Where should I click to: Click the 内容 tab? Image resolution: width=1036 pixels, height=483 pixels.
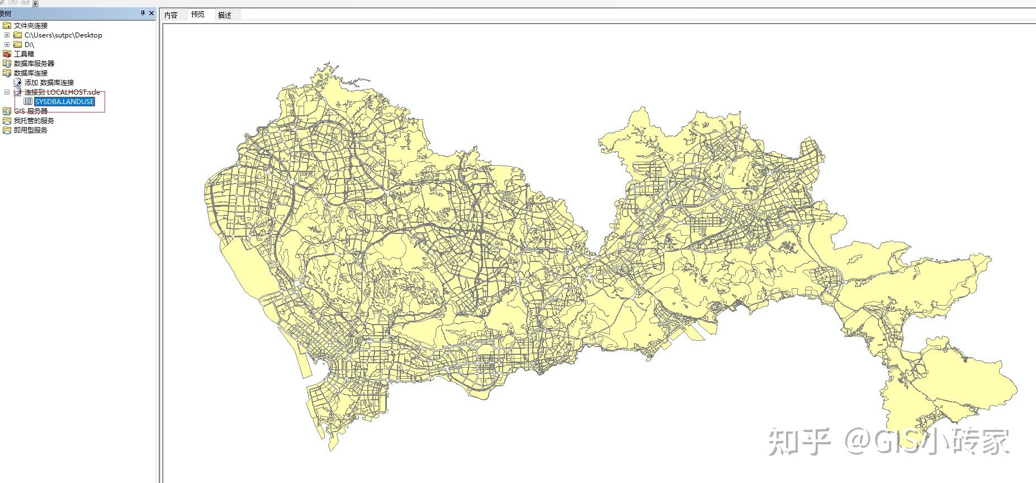[171, 15]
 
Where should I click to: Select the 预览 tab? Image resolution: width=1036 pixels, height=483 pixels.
[198, 15]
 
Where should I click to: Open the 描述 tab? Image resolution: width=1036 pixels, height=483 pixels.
[225, 15]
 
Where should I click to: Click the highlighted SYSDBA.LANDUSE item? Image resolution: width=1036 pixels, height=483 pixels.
[64, 101]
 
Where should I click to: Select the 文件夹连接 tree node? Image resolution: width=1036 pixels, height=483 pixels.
[31, 25]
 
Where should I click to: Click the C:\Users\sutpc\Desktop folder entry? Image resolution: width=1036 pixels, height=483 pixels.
[63, 35]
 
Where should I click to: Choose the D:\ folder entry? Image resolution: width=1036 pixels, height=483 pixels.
[29, 44]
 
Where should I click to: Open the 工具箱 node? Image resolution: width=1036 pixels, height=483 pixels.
[23, 54]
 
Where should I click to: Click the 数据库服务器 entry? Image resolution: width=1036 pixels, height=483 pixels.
[34, 63]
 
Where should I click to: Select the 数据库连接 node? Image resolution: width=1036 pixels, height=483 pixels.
[31, 73]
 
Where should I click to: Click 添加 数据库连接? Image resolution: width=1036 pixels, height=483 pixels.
[49, 82]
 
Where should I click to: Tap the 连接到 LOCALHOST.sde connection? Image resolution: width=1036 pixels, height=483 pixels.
[62, 92]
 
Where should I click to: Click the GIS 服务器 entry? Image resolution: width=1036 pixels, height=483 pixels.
[31, 111]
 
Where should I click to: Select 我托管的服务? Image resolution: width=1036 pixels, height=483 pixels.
[34, 120]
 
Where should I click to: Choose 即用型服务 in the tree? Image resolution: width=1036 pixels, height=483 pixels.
[31, 130]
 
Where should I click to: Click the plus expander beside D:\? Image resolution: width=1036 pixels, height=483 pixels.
[7, 44]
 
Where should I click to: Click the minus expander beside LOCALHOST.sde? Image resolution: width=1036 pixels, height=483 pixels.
[7, 92]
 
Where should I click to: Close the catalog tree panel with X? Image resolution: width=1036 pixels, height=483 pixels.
[152, 13]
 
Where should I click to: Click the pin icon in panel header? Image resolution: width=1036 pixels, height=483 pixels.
[143, 13]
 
